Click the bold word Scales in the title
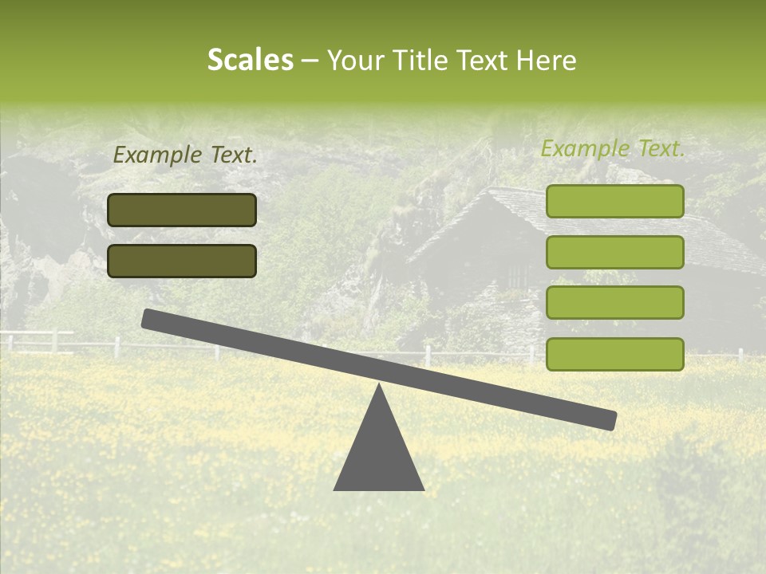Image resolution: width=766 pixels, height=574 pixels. tap(251, 60)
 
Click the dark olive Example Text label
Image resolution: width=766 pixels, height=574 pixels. tap(185, 155)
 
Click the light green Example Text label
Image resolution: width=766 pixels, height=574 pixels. tap(613, 148)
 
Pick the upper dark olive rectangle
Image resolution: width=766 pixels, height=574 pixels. tap(182, 210)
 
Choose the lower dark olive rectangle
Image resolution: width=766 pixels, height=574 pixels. tap(182, 261)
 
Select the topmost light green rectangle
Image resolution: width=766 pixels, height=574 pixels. tap(614, 201)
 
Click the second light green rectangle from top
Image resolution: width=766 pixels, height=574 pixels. tap(614, 252)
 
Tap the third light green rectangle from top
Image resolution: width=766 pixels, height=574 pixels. tap(614, 302)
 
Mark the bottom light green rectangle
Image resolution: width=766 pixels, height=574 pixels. tap(614, 354)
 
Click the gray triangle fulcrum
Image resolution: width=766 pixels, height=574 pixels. tap(378, 454)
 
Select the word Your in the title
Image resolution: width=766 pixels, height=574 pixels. tap(357, 60)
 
